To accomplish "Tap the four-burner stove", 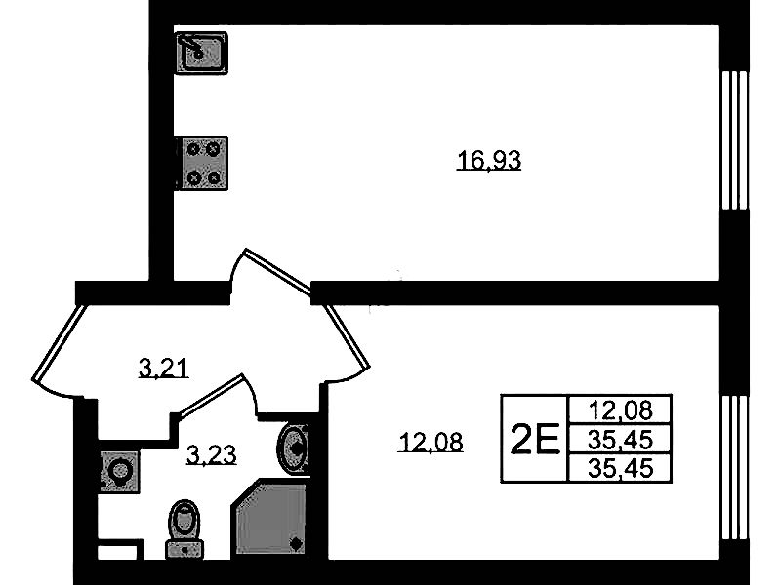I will [x=202, y=162].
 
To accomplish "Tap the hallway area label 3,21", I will [x=163, y=369].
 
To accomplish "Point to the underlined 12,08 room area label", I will [x=431, y=444].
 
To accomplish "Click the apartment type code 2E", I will [x=535, y=440].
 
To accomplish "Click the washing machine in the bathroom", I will [x=119, y=471].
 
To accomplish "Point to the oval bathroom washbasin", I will [x=294, y=448].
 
